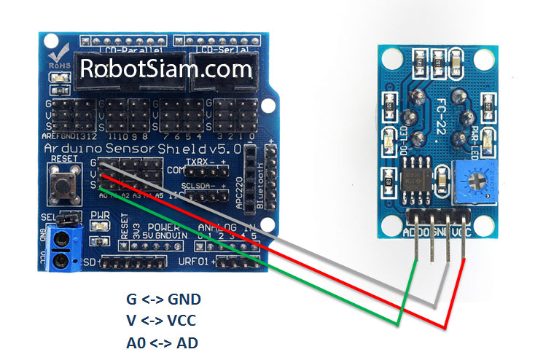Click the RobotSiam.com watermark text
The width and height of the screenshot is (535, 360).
pos(166,69)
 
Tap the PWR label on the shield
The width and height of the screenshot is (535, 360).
pos(100,216)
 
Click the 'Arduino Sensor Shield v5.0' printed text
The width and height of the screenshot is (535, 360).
pos(136,148)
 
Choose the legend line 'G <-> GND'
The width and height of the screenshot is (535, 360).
pos(163,300)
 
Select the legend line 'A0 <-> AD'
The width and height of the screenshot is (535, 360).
pos(163,341)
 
